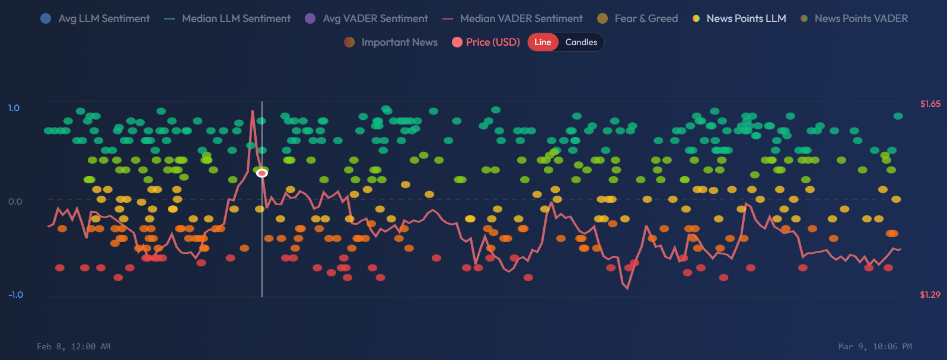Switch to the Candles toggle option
[x=581, y=42]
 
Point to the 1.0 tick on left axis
[x=14, y=108]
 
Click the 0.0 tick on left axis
[x=15, y=202]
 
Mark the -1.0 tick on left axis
[x=15, y=295]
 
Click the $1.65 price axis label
[x=930, y=104]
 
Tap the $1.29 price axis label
[x=930, y=295]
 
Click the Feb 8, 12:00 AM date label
[x=74, y=346]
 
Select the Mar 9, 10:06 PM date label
[x=875, y=346]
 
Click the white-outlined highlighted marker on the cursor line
[x=262, y=173]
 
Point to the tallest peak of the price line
[x=253, y=111]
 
